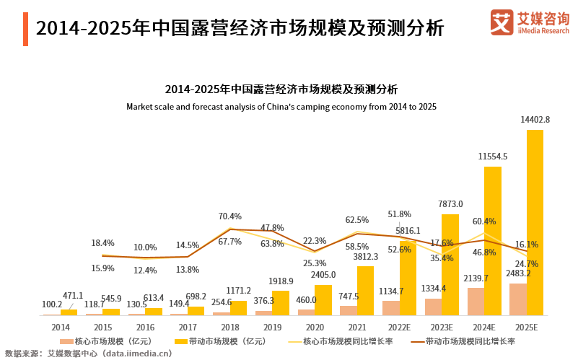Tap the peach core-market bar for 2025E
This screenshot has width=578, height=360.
[518, 299]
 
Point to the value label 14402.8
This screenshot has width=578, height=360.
[535, 120]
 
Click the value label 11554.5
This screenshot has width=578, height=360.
[493, 156]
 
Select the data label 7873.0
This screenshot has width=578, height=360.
[450, 204]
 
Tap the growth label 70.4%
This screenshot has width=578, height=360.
[229, 216]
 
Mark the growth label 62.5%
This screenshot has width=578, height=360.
[357, 220]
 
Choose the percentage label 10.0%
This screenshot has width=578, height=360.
[145, 247]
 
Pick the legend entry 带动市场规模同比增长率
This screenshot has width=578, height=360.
[462, 341]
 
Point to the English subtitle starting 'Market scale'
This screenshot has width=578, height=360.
[281, 107]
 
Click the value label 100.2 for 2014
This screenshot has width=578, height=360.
[52, 304]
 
